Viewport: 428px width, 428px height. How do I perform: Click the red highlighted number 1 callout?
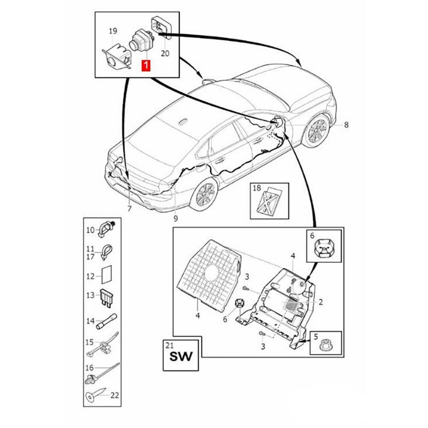146,66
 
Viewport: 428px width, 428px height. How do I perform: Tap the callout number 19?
113,32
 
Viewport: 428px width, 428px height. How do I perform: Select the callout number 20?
165,53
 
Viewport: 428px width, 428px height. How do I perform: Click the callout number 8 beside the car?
346,125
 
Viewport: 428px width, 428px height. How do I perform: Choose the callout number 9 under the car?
175,218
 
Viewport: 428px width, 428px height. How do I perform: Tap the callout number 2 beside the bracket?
320,303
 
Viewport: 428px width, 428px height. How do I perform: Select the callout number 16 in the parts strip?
89,368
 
